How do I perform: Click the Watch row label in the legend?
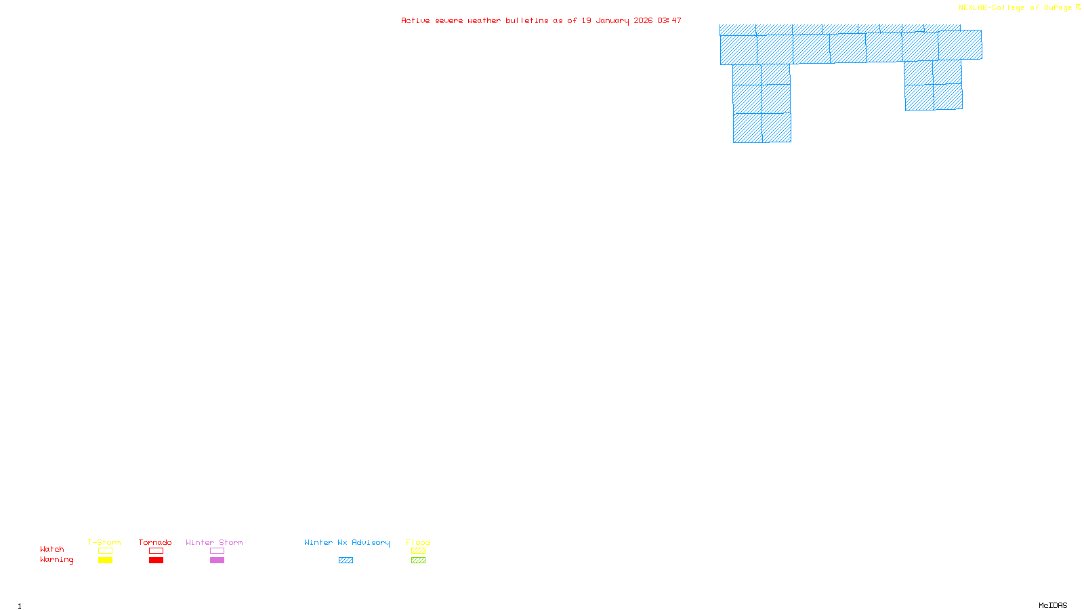pyautogui.click(x=52, y=549)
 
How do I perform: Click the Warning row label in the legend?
pyautogui.click(x=56, y=560)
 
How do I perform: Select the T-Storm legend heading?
pyautogui.click(x=104, y=542)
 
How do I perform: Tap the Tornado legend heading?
pyautogui.click(x=155, y=542)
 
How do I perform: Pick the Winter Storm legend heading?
pyautogui.click(x=214, y=542)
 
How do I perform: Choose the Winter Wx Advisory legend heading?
pyautogui.click(x=347, y=542)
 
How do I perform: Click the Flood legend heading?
pyautogui.click(x=418, y=542)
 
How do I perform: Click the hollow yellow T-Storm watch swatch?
pyautogui.click(x=105, y=551)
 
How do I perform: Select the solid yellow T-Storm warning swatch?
pyautogui.click(x=105, y=561)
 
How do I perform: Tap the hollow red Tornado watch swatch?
pyautogui.click(x=156, y=551)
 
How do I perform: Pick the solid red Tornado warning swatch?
pyautogui.click(x=156, y=561)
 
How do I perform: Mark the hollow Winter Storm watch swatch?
pyautogui.click(x=217, y=551)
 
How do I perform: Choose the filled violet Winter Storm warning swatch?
pyautogui.click(x=217, y=561)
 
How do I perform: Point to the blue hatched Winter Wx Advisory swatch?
pyautogui.click(x=346, y=561)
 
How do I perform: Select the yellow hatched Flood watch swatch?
pyautogui.click(x=418, y=551)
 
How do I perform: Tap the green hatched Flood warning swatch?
pyautogui.click(x=418, y=561)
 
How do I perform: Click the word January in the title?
pyautogui.click(x=612, y=20)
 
